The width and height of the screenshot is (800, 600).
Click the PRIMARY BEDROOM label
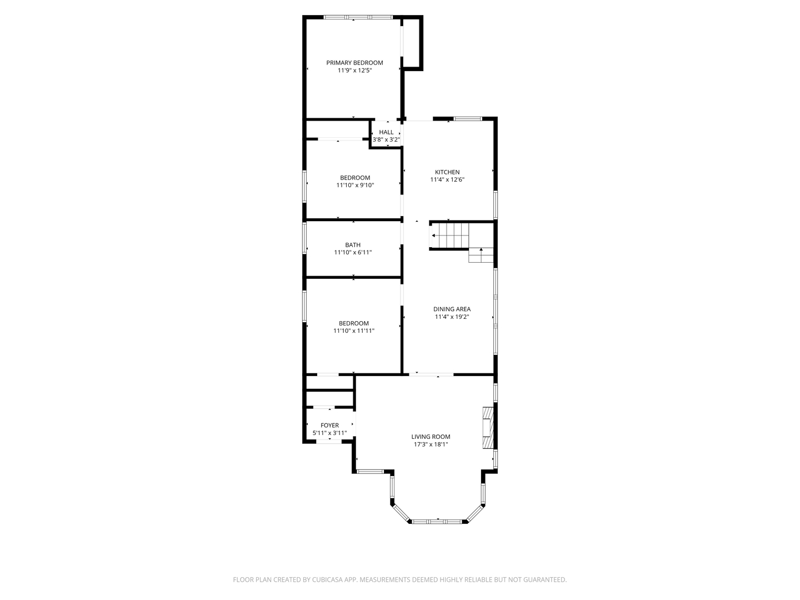click(354, 63)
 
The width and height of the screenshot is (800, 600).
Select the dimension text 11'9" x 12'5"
click(354, 71)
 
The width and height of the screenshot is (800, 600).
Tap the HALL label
click(386, 132)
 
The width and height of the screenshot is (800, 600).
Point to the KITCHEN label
click(447, 172)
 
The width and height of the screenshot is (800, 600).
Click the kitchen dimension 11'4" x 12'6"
click(447, 179)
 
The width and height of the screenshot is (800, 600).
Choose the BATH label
click(353, 245)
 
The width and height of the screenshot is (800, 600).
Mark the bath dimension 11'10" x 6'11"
click(353, 252)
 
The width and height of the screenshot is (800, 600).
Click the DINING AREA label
click(452, 309)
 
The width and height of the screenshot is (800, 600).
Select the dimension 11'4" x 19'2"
click(452, 317)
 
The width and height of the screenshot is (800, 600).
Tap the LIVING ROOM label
click(431, 437)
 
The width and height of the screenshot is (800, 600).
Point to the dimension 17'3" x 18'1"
click(431, 444)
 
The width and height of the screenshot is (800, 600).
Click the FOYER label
click(329, 426)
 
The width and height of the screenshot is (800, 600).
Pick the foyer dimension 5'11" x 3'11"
click(329, 433)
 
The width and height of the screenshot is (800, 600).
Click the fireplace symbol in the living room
click(488, 428)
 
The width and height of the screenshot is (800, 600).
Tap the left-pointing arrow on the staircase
click(433, 236)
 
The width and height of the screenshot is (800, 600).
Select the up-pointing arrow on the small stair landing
click(481, 251)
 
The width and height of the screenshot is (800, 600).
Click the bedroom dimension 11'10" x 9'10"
click(355, 185)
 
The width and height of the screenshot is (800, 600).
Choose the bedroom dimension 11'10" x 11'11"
click(354, 331)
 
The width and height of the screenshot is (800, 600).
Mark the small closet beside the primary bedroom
click(412, 42)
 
